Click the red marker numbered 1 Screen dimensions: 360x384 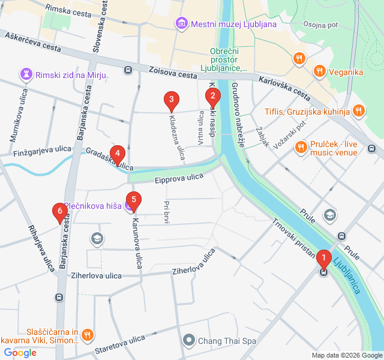pyautogui.click(x=323, y=259)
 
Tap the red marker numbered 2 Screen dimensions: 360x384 pyautogui.click(x=212, y=96)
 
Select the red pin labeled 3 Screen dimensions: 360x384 pyautogui.click(x=172, y=100)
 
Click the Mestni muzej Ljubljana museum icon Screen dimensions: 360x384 pyautogui.click(x=181, y=24)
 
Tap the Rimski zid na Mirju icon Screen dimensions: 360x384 pyautogui.click(x=26, y=74)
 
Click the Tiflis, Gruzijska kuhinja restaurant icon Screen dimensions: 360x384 pyautogui.click(x=358, y=110)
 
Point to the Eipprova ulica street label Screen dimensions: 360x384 pyautogui.click(x=179, y=178)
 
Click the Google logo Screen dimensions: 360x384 pyautogui.click(x=20, y=353)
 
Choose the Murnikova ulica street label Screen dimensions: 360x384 pyautogui.click(x=16, y=120)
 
